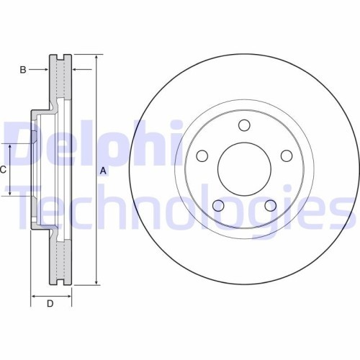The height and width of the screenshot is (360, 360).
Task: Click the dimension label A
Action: (x=103, y=171)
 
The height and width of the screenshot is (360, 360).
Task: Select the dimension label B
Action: (x=23, y=70)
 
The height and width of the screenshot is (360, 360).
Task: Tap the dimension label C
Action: (x=4, y=170)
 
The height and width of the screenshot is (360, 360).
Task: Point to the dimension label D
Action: (x=50, y=304)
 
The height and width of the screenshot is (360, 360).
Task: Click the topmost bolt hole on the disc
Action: (x=243, y=123)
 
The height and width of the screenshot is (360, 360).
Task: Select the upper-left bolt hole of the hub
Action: (x=202, y=155)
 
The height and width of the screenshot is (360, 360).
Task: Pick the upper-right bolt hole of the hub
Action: (x=286, y=155)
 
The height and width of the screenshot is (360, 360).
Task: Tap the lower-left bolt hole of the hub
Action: (x=218, y=206)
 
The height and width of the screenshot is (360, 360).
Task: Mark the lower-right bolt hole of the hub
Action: (x=270, y=206)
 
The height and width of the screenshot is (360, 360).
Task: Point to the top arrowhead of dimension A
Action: (x=96, y=57)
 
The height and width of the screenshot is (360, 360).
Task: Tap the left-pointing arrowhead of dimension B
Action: (x=76, y=70)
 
